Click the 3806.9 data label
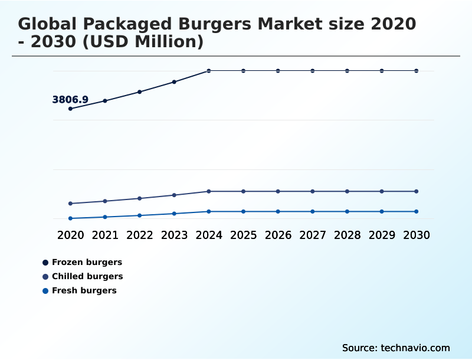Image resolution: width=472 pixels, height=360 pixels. click(x=70, y=100)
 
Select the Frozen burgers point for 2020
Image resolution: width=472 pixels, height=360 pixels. click(x=71, y=109)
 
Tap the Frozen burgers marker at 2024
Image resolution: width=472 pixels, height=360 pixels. click(x=209, y=71)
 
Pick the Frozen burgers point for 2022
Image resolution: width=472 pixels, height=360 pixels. click(x=140, y=92)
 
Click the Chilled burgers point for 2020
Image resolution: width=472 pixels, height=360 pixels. click(x=71, y=204)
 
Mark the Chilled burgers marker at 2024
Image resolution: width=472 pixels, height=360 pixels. click(x=209, y=191)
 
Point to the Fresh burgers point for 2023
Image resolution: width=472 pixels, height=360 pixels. click(x=174, y=214)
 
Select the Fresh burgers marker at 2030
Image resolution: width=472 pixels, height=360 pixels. click(x=416, y=211)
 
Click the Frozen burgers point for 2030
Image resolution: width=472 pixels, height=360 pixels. click(x=416, y=71)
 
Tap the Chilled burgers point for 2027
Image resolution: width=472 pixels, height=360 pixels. click(x=313, y=191)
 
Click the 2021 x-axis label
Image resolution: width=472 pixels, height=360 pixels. click(x=105, y=235)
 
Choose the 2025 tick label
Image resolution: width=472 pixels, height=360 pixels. click(x=243, y=235)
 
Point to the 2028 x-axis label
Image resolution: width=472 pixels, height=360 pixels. click(x=347, y=235)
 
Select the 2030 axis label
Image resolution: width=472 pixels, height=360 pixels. click(x=416, y=235)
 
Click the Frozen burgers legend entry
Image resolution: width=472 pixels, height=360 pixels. click(x=87, y=262)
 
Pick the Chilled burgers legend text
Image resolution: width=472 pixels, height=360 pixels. click(x=87, y=276)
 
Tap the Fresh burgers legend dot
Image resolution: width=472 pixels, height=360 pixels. click(x=45, y=290)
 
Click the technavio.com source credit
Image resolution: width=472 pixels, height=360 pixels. click(x=415, y=348)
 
